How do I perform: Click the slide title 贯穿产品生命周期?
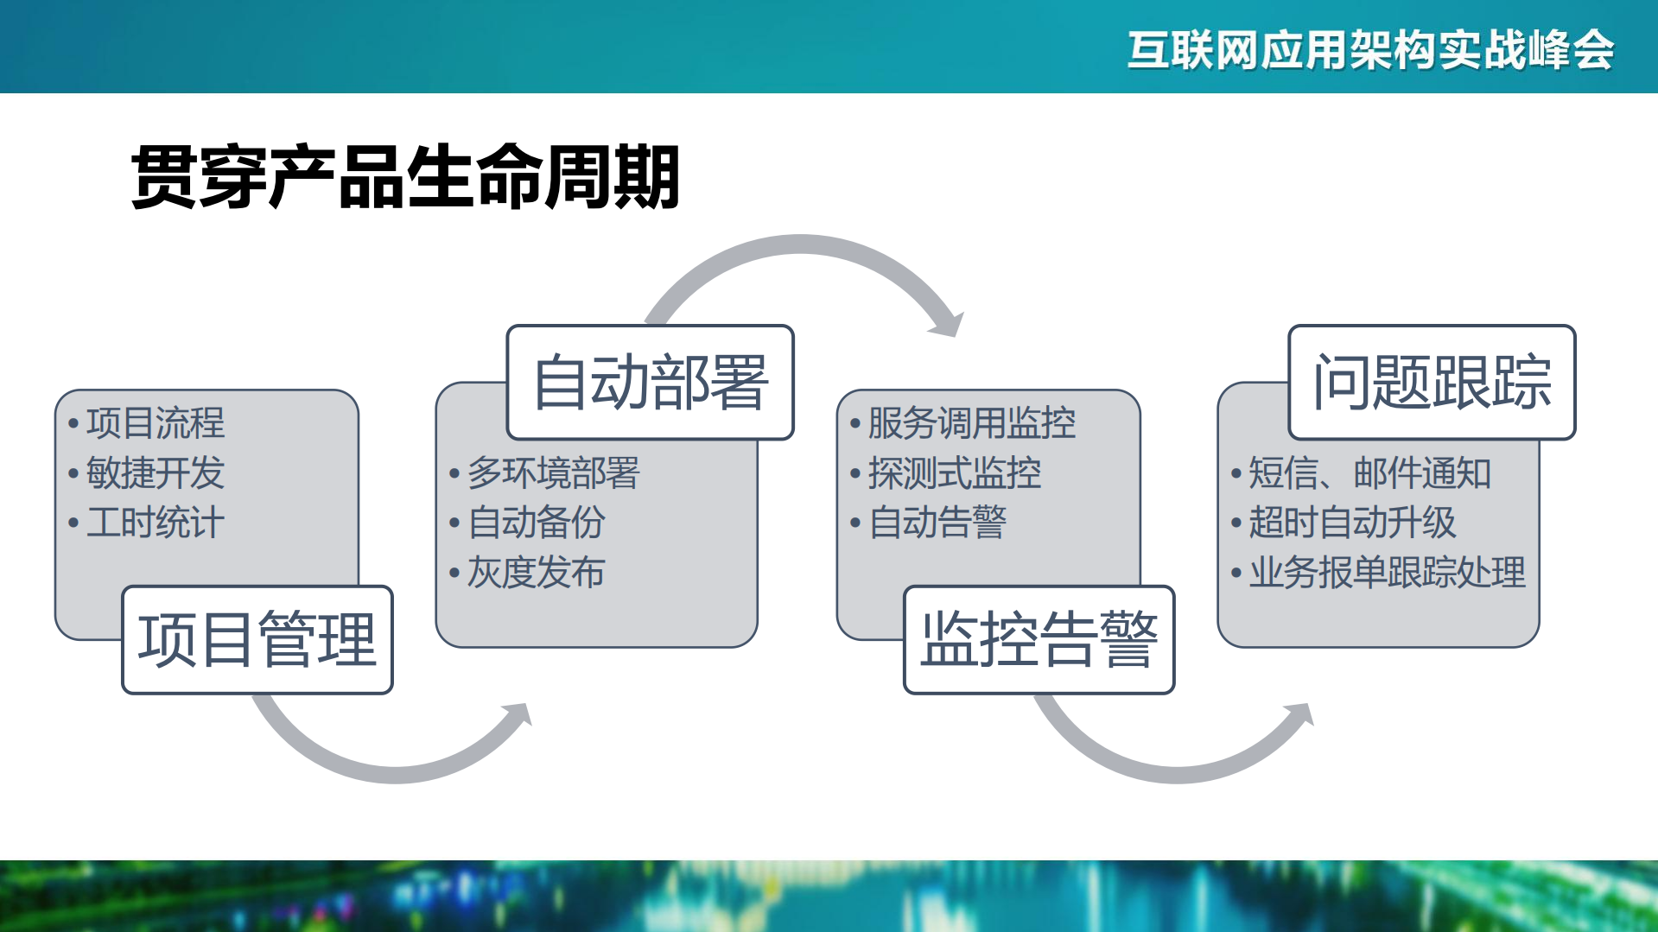point(404,177)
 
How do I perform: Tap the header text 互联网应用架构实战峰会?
point(1370,49)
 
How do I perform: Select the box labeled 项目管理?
point(257,640)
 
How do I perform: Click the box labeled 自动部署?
point(650,383)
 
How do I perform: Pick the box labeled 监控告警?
point(1039,640)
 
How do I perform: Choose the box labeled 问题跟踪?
point(1432,383)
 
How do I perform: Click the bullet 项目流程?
point(156,423)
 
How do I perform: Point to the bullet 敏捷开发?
point(156,473)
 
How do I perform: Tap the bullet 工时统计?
point(156,523)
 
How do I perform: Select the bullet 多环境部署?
point(553,473)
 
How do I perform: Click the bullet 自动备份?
point(536,523)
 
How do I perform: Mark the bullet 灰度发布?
point(536,572)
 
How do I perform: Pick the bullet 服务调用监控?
point(971,423)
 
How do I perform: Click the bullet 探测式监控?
point(954,473)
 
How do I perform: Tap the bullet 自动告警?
point(937,523)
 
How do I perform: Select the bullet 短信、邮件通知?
point(1369,473)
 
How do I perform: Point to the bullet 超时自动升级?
point(1352,523)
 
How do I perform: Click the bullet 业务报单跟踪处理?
point(1387,572)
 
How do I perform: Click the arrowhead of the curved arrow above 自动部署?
point(949,324)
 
